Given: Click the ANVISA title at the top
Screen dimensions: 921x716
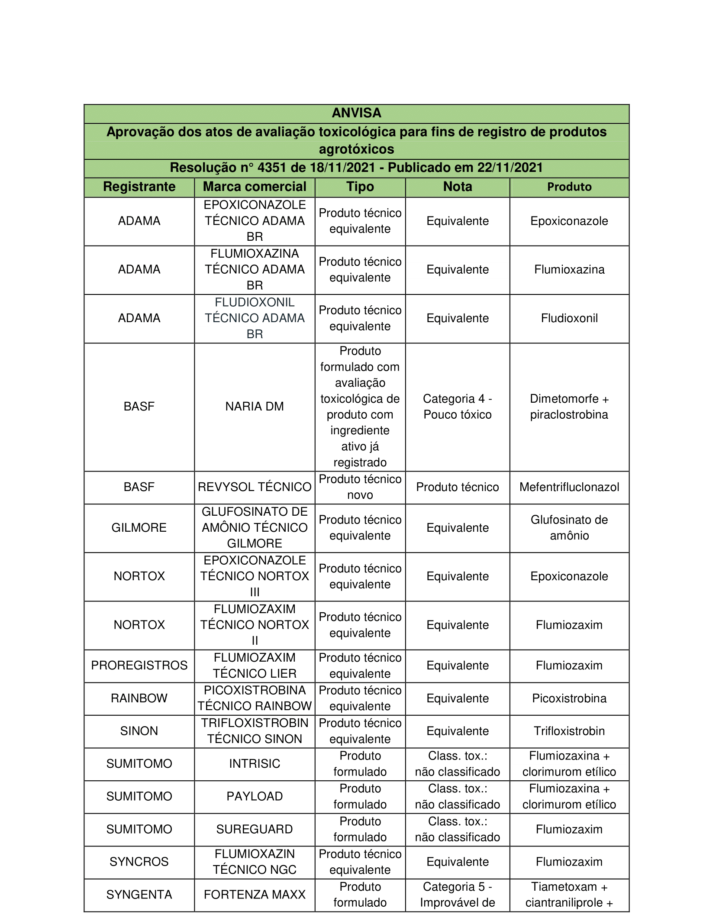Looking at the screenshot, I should pyautogui.click(x=356, y=113).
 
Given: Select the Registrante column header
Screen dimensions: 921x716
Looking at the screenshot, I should pyautogui.click(x=139, y=187).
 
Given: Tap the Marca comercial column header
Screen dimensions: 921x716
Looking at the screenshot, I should pyautogui.click(x=255, y=187).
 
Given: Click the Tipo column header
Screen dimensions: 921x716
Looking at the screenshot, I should pyautogui.click(x=360, y=187).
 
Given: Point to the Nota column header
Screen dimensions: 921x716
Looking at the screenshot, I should pyautogui.click(x=458, y=187).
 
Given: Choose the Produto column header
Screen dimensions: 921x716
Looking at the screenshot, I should pyautogui.click(x=569, y=187).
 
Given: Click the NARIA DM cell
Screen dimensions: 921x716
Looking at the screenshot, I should pyautogui.click(x=255, y=406).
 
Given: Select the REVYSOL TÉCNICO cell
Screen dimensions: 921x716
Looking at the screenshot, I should pyautogui.click(x=255, y=487).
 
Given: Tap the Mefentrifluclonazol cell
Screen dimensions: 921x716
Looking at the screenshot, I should pyautogui.click(x=569, y=487).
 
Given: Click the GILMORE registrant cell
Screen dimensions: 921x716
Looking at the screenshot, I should pyautogui.click(x=139, y=527).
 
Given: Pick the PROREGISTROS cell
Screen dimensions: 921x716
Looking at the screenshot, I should pyautogui.click(x=139, y=665).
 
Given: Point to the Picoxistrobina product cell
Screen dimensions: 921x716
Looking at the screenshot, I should pyautogui.click(x=569, y=698).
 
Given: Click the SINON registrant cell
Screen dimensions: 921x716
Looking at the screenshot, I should pyautogui.click(x=139, y=731).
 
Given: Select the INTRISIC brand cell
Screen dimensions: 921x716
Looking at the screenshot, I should pyautogui.click(x=255, y=763).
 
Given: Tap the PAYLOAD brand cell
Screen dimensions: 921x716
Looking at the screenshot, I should pyautogui.click(x=255, y=796).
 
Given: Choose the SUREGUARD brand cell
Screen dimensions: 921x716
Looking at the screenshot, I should pyautogui.click(x=255, y=829).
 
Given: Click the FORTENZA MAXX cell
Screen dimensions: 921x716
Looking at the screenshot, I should pyautogui.click(x=255, y=895).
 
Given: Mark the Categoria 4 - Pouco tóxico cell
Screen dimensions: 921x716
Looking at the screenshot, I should pyautogui.click(x=458, y=406).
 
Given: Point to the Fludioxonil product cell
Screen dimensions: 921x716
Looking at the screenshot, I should pyautogui.click(x=569, y=318).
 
